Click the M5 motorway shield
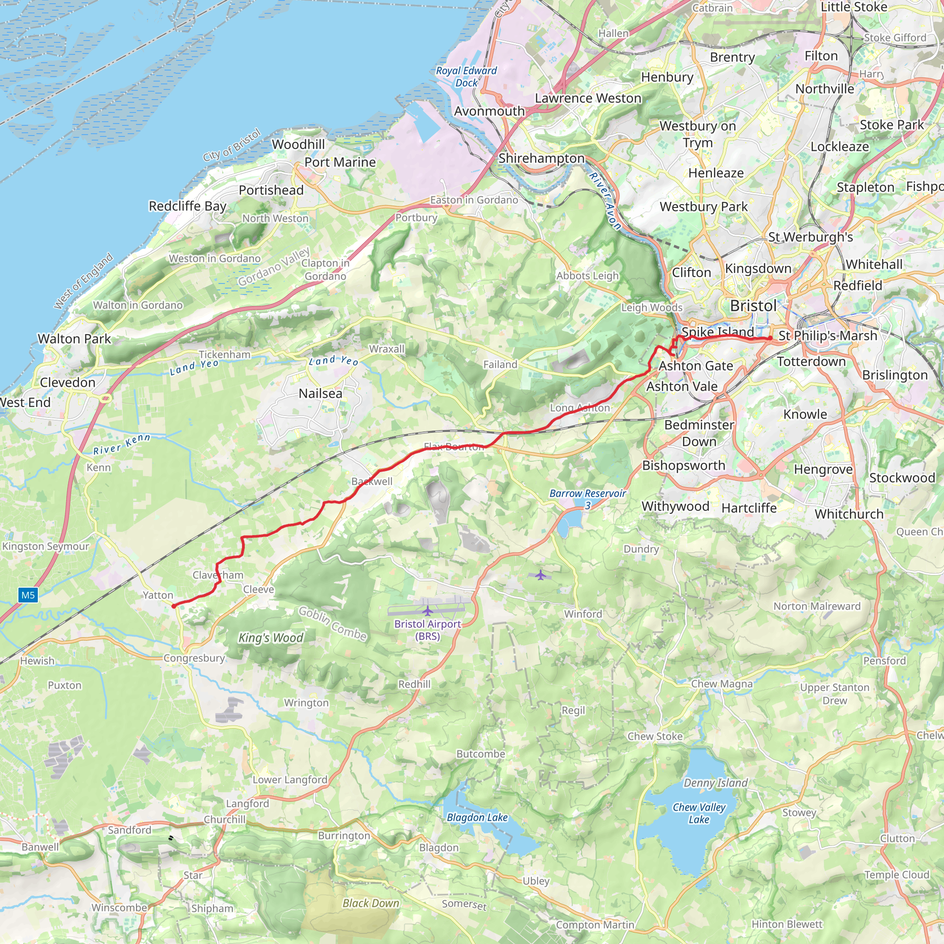click(x=28, y=595)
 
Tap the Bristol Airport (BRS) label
click(x=428, y=630)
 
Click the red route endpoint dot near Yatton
click(x=173, y=606)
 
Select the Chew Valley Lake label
click(x=699, y=813)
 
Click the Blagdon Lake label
click(x=477, y=817)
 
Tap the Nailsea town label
click(x=320, y=393)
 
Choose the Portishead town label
click(x=271, y=190)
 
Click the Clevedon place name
click(x=67, y=382)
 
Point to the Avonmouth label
click(x=489, y=112)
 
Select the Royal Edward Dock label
click(x=466, y=77)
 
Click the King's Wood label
click(x=271, y=637)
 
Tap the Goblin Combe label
click(x=332, y=623)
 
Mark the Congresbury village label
click(x=194, y=658)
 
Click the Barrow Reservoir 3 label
click(x=587, y=499)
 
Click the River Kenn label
click(x=122, y=444)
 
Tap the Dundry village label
click(x=641, y=549)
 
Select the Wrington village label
click(x=307, y=702)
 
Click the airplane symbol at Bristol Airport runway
click(x=428, y=611)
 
